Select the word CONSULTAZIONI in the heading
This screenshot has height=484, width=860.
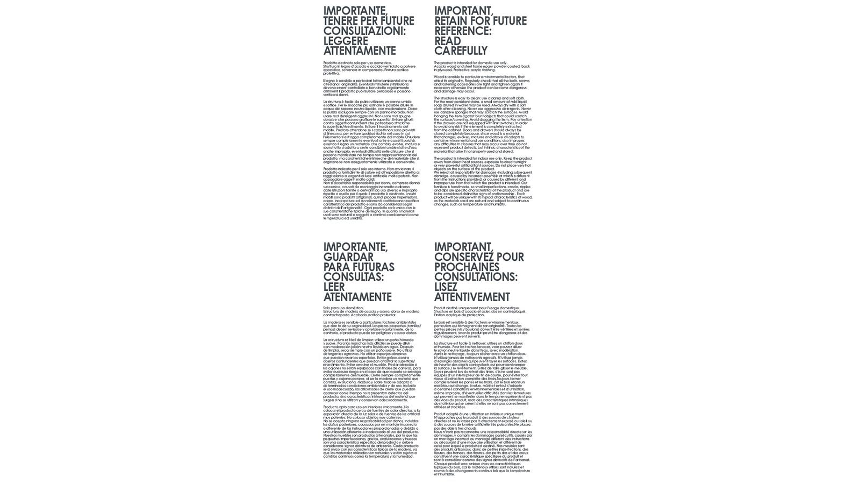(x=363, y=31)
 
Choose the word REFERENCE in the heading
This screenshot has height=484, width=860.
(x=462, y=31)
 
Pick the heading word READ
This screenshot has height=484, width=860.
(x=448, y=41)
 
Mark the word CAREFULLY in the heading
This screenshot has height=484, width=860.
(x=461, y=51)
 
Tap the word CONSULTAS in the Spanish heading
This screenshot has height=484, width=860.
(x=353, y=277)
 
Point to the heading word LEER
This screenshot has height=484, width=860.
(x=334, y=287)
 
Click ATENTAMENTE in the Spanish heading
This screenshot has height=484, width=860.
(x=357, y=297)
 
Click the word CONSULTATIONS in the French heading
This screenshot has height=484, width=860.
(x=475, y=277)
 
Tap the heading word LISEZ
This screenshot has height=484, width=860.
(x=446, y=287)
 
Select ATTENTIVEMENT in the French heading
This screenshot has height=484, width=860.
(x=472, y=297)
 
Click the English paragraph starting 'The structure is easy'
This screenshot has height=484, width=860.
(x=483, y=124)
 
